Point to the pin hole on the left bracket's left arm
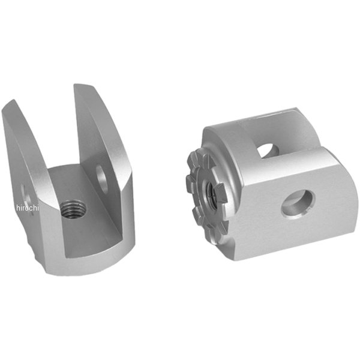click(x=25, y=193)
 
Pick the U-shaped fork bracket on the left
click(x=69, y=180)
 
